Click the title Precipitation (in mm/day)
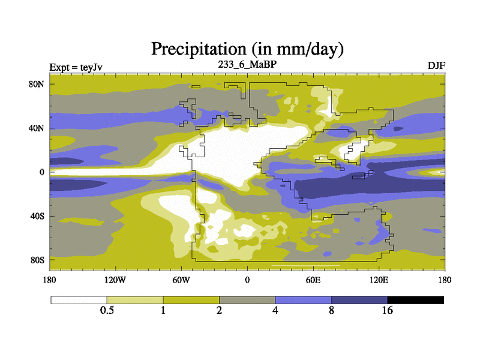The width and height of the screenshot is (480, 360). click(x=247, y=47)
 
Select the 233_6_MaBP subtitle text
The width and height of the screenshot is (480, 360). click(x=247, y=64)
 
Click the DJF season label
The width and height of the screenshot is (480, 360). click(x=436, y=65)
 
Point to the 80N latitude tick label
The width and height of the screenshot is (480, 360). click(x=38, y=84)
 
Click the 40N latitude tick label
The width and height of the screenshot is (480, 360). click(x=38, y=128)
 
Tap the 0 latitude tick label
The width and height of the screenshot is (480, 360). click(x=42, y=172)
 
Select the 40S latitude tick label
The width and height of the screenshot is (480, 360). click(x=38, y=216)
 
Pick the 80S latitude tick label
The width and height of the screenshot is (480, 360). click(x=38, y=260)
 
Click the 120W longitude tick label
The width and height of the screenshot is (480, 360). click(x=115, y=280)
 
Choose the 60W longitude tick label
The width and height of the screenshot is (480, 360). click(x=181, y=280)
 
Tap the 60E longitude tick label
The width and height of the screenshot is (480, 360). click(x=313, y=280)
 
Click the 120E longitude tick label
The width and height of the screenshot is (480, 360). click(x=379, y=280)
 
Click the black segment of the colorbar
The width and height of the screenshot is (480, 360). click(x=416, y=299)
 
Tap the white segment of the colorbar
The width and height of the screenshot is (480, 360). click(x=79, y=299)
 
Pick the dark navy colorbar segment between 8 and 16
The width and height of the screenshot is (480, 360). click(x=359, y=299)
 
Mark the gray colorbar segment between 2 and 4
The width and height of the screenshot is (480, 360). click(x=247, y=299)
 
